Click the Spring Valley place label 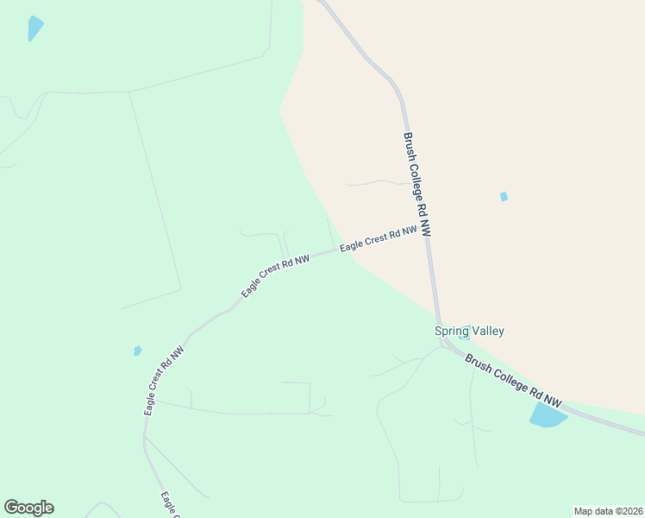click(469, 331)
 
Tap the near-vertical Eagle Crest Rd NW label click(164, 382)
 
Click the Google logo click(28, 508)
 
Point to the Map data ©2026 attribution click(608, 511)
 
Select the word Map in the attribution click(584, 511)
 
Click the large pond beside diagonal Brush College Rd click(547, 416)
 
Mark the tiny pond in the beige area click(504, 197)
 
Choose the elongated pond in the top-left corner click(34, 28)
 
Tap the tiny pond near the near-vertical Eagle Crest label click(137, 351)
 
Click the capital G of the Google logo click(11, 508)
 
